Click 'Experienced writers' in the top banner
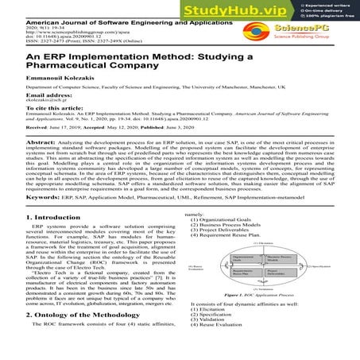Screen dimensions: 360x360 tap(330, 4)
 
